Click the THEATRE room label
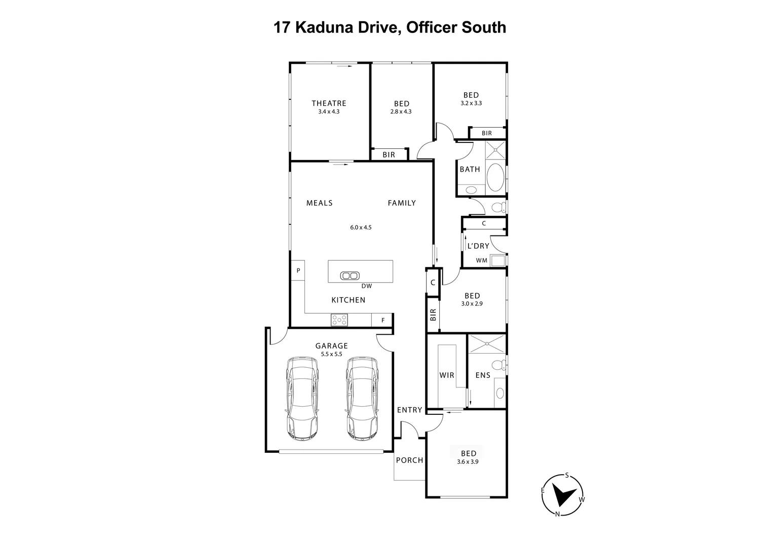point(329,103)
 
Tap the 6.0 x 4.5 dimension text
point(361,227)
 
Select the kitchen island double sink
point(349,276)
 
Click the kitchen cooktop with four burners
point(339,320)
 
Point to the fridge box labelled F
point(383,320)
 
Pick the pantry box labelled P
point(298,270)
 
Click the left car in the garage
point(302,398)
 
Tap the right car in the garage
point(362,398)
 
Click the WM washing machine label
point(481,260)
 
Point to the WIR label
point(446,375)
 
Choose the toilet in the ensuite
point(499,365)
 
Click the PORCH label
point(409,460)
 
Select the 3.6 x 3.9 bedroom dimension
point(469,461)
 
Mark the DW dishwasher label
point(367,286)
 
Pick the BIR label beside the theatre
point(389,154)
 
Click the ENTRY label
point(409,410)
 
